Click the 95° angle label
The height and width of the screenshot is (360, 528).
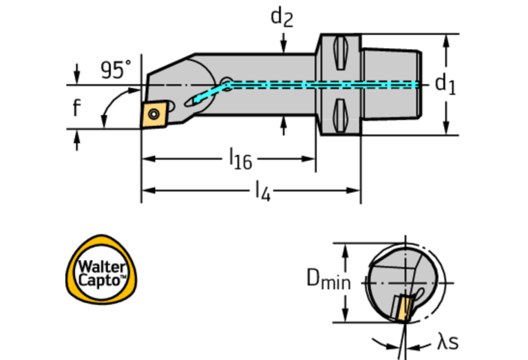click(x=115, y=70)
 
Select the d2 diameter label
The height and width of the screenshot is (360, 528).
click(x=282, y=17)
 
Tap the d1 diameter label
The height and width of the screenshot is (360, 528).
click(x=445, y=84)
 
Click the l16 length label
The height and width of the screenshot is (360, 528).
click(x=240, y=160)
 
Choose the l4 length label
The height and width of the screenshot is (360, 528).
click(x=262, y=191)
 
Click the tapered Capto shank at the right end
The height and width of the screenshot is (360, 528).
click(x=390, y=84)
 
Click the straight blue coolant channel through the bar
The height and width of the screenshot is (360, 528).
click(x=324, y=85)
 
